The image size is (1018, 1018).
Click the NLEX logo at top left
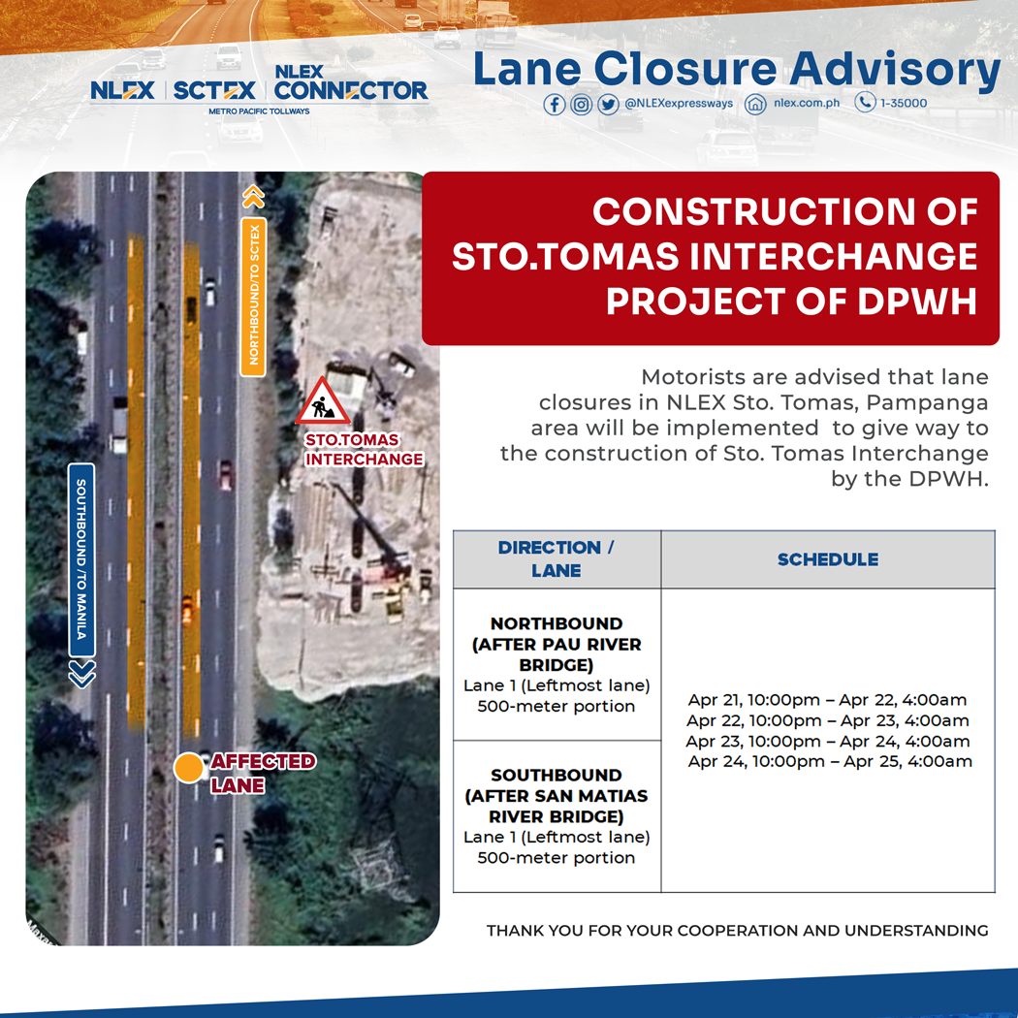pos(123,90)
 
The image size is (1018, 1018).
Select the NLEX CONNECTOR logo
pos(350,84)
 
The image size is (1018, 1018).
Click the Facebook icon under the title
pos(555,104)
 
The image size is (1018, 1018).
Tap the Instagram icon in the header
pos(581,104)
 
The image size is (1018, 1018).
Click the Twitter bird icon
pos(607,104)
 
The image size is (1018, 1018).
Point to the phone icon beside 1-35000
pos(865,103)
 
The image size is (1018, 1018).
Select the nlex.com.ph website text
pos(807,104)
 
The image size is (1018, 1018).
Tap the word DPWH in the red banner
pos(915,302)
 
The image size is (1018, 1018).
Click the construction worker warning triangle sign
pos(323,402)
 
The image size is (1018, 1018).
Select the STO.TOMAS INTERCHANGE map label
pos(364,449)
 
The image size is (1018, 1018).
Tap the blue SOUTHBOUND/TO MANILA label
pos(81,559)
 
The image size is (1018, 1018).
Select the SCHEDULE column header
pos(827,559)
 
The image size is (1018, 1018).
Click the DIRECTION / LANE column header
pos(556,559)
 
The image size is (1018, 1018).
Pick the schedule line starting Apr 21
pos(827,700)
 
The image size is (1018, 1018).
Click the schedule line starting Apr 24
pos(830,762)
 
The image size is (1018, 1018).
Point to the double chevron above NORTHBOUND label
pos(253,196)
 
